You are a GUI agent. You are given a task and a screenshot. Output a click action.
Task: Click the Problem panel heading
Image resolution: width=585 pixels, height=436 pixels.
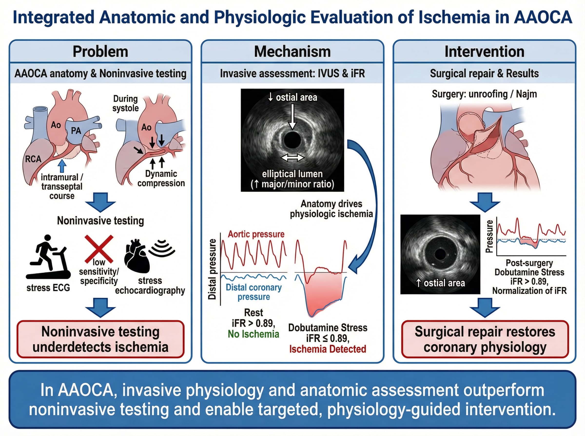coord(100,52)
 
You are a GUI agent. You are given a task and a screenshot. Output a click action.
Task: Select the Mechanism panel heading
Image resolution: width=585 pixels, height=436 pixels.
coord(292,52)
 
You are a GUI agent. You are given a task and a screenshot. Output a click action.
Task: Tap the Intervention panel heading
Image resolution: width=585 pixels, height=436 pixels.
coord(484,52)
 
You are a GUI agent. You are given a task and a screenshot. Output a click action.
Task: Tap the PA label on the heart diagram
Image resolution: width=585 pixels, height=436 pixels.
coord(76,131)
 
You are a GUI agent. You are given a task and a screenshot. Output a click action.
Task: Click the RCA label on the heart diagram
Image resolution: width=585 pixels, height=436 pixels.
coord(33,159)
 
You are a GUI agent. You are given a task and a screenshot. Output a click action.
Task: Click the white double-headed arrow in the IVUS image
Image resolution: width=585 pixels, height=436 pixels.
coord(292,158)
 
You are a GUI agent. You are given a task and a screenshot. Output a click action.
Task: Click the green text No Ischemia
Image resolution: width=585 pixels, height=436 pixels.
coord(253,334)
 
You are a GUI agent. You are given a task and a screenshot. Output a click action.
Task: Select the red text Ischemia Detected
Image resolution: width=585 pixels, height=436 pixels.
coord(328,349)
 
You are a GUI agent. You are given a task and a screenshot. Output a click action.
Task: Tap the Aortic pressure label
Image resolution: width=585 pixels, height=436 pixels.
coord(256,234)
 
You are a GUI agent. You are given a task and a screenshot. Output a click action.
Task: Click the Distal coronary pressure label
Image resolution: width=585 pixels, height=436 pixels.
coord(253,292)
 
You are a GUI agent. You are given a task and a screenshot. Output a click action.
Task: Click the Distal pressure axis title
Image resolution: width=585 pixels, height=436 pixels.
coord(212,269)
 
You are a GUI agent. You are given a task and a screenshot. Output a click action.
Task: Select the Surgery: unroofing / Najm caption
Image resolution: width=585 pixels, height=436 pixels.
coord(484,94)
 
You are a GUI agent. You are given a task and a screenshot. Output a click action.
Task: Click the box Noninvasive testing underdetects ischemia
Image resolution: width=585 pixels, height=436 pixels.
coord(100,339)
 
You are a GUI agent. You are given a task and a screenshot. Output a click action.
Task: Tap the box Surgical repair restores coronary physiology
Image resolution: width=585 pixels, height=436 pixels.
coord(485,339)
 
